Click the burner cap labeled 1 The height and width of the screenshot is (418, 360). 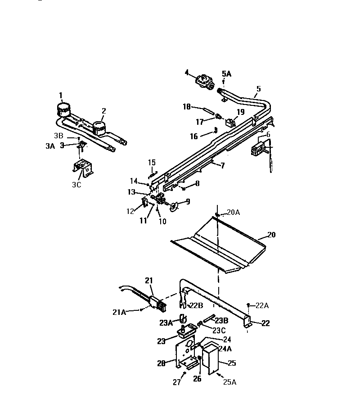63,109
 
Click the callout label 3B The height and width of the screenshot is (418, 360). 59,135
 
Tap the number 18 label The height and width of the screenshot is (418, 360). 187,107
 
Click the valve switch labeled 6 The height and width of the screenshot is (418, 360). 258,150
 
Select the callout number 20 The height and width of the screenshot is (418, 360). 271,235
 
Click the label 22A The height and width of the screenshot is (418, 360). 262,306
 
